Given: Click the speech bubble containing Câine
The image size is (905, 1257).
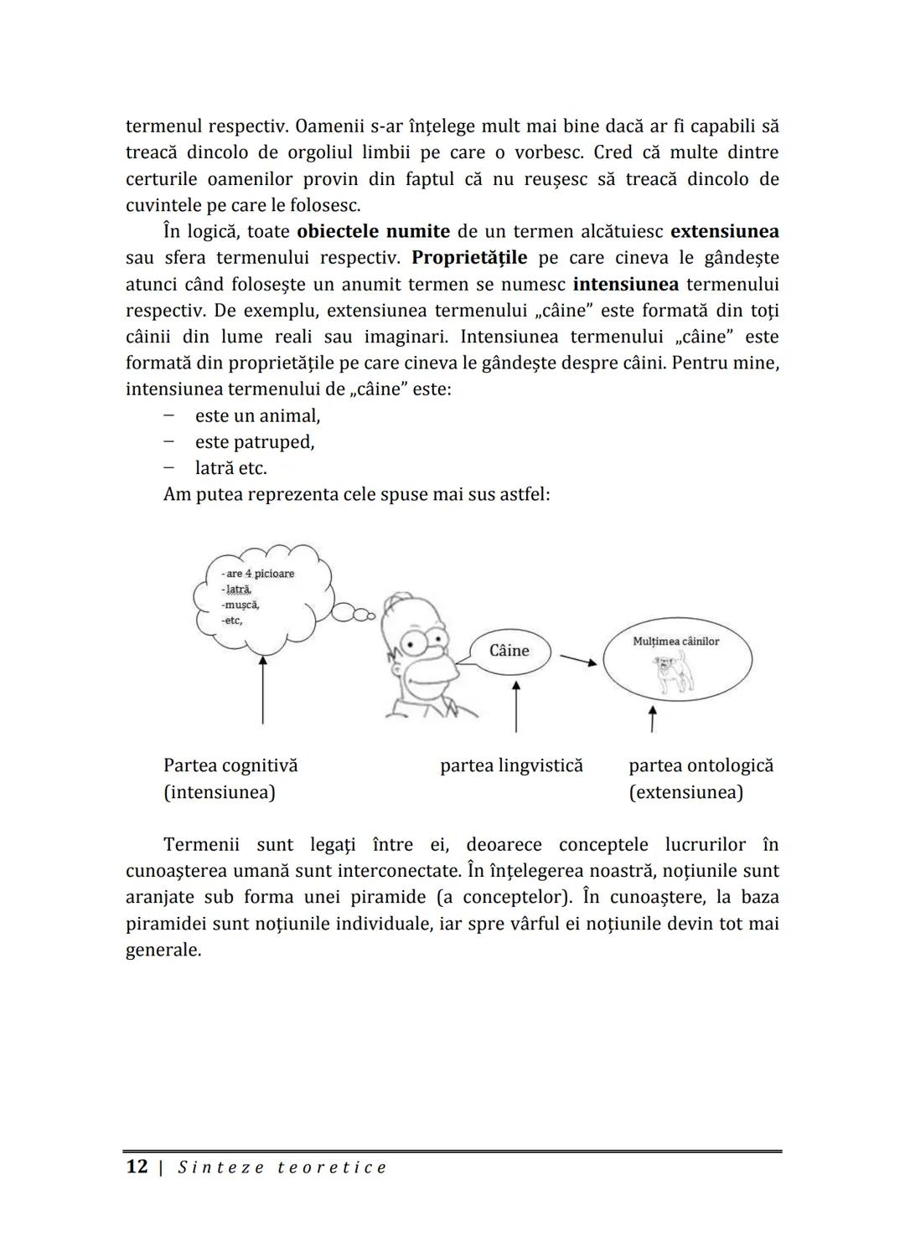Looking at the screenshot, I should [509, 651].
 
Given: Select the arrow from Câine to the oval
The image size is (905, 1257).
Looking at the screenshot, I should [578, 660].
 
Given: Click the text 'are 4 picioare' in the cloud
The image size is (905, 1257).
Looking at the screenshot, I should [260, 574].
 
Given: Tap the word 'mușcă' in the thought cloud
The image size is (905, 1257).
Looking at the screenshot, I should [240, 605].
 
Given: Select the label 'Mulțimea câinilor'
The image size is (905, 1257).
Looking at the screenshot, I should [676, 641].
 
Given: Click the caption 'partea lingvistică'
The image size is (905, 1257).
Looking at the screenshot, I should [511, 765].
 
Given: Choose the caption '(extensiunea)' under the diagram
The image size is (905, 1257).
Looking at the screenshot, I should [685, 792].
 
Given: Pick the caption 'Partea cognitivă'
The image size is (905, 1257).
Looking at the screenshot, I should [230, 765].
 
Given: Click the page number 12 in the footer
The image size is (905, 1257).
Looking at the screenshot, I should [137, 1167].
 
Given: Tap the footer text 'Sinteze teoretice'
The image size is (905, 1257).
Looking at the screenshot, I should [282, 1167].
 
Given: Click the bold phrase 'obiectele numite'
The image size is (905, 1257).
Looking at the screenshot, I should [373, 231].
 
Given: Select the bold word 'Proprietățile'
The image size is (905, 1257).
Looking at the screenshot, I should [469, 257].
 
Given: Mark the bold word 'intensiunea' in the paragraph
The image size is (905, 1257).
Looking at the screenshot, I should [626, 284].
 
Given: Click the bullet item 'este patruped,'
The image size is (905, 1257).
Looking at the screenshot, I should [255, 442].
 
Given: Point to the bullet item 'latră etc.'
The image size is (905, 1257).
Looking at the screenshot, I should [230, 468].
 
